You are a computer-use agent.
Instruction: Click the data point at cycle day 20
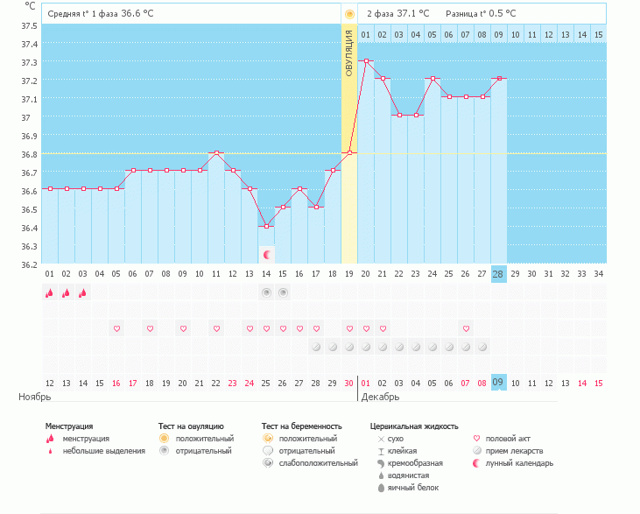click(366, 61)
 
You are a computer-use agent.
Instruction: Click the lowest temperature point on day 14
click(266, 226)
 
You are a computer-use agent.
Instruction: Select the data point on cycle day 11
click(216, 152)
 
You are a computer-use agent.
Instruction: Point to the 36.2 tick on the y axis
click(29, 264)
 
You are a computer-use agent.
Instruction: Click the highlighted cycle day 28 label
click(499, 274)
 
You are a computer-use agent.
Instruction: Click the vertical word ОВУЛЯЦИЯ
click(348, 54)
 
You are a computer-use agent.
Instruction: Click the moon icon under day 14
click(267, 255)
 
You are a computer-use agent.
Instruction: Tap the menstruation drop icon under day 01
click(50, 293)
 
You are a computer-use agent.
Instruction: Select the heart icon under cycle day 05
click(116, 328)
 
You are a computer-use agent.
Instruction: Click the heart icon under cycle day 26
click(466, 328)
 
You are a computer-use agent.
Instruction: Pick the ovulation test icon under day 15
click(283, 292)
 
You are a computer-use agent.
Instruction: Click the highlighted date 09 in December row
click(499, 383)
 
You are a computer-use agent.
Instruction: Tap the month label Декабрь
click(379, 397)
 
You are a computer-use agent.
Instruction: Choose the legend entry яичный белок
click(411, 487)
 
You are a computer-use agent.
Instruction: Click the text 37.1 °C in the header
click(413, 14)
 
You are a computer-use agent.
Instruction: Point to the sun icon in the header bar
click(349, 14)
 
